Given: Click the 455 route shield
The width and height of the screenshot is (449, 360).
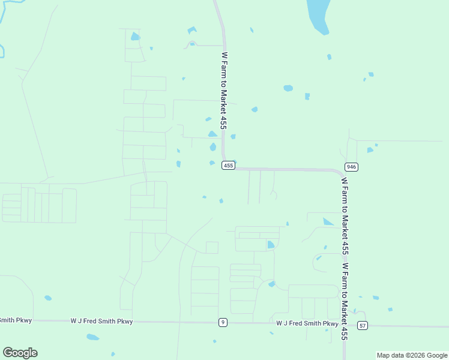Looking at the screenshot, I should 228,166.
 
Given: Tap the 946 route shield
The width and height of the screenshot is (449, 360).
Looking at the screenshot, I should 352,166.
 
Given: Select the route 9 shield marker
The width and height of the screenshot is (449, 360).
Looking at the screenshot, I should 223,323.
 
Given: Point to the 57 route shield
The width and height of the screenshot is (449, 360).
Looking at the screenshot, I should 362,325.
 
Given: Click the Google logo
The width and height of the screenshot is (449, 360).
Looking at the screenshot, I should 20,353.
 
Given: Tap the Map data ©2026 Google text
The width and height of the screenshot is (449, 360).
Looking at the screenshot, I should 412,355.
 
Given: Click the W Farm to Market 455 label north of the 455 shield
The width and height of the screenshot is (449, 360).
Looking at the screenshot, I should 224,90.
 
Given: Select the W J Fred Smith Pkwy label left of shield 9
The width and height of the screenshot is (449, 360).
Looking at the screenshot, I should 101,322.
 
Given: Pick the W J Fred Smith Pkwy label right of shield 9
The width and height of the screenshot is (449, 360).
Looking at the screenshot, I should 307,323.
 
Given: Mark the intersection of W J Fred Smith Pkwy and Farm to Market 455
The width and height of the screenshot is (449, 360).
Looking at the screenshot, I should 345,325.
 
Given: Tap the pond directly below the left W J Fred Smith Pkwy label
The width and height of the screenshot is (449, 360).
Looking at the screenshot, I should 93,337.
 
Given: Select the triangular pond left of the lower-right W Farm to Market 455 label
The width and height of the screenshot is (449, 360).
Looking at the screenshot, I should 328,222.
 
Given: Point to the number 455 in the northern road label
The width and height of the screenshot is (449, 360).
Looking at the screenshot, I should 224,122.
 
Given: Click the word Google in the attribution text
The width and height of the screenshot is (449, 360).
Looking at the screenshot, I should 433,355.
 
